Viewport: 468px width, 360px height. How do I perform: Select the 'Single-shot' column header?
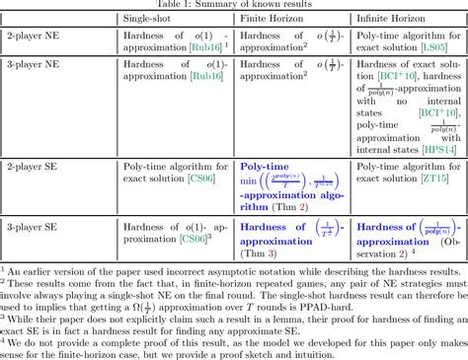coord(149,19)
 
